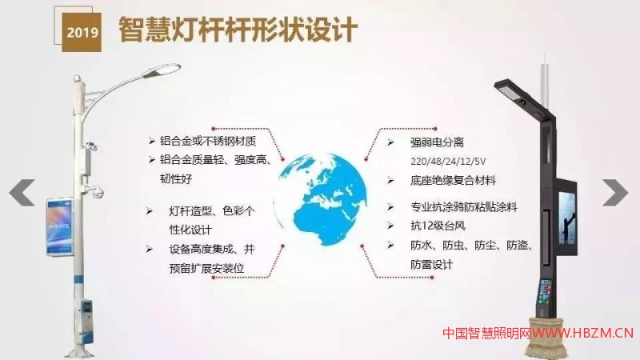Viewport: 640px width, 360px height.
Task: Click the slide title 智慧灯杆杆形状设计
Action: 237,30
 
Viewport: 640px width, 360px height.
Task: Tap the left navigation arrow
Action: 22,193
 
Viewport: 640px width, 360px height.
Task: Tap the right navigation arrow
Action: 616,192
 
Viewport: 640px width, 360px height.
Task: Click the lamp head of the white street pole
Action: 169,70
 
